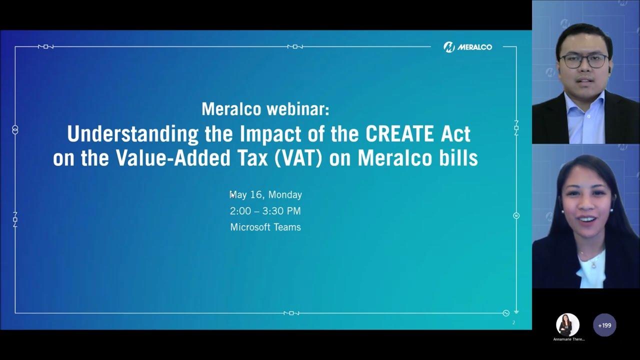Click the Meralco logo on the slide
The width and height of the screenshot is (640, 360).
point(467,47)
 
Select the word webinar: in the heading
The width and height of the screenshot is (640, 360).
point(297,109)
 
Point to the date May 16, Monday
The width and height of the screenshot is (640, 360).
point(265,194)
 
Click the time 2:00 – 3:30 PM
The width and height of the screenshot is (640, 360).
point(265,211)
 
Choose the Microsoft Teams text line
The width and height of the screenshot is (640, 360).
point(265,227)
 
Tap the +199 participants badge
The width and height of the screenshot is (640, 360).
point(604,325)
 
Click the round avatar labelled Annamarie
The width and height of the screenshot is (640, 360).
point(567,325)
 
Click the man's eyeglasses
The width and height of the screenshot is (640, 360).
point(584,61)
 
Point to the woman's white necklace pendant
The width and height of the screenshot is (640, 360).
point(593,265)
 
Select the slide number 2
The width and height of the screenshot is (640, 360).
point(513,322)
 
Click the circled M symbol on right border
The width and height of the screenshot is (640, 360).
point(516,215)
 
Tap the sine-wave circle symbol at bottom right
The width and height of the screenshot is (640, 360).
point(506,313)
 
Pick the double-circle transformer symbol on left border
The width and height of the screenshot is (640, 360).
point(15,130)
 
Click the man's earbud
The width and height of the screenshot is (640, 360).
point(609,69)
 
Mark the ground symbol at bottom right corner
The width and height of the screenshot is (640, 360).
point(516,312)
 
